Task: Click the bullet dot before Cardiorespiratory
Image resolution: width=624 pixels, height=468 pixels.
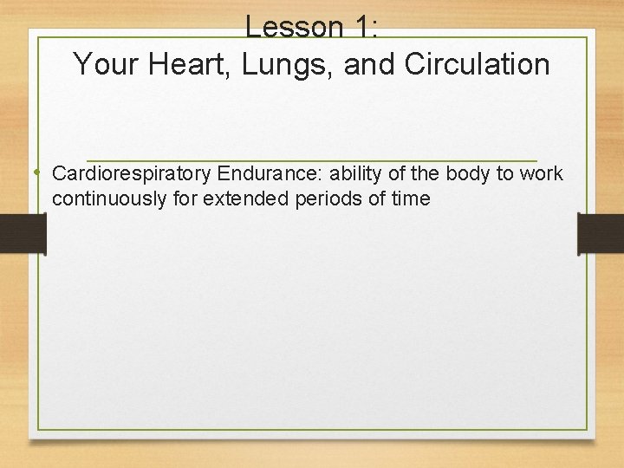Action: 40,172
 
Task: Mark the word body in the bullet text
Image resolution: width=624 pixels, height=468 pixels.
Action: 468,173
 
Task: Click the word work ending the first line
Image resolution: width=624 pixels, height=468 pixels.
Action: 543,173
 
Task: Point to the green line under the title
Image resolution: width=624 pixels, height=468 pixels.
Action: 312,160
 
